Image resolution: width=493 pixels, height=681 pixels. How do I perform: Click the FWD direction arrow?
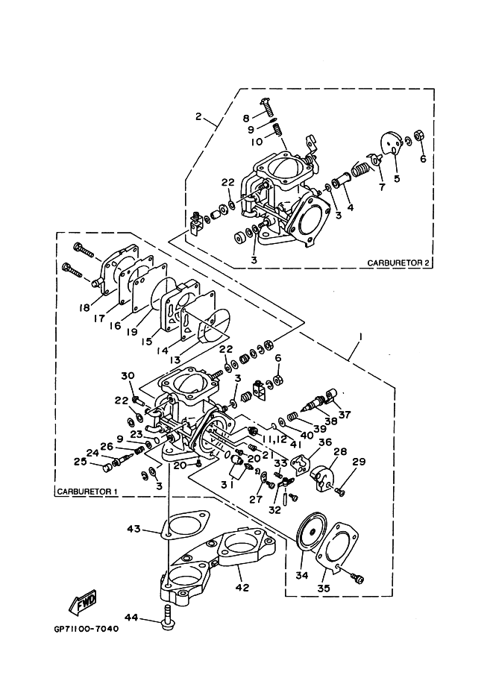point(83,602)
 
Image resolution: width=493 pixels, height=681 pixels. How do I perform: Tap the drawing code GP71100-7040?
point(86,629)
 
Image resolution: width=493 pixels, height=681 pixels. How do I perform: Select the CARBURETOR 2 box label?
point(398,263)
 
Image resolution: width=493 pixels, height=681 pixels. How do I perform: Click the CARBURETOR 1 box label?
point(87,492)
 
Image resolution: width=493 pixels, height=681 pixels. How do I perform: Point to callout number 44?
point(132,617)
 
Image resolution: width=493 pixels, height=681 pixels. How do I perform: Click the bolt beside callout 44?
point(167,617)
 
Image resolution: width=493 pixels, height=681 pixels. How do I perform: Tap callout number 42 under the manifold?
point(242,587)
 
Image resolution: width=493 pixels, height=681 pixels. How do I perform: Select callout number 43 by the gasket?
point(134,529)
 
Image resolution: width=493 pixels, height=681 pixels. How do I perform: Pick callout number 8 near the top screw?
point(246,118)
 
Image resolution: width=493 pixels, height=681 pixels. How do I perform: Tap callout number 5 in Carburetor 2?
point(397,178)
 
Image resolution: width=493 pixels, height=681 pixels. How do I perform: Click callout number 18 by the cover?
point(84,307)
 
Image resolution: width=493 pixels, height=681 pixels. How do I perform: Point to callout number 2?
point(198,116)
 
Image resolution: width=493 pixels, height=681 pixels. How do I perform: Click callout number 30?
point(128,376)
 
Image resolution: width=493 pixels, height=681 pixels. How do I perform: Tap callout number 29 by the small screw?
point(359,462)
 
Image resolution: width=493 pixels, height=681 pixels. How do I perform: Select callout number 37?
point(345,415)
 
